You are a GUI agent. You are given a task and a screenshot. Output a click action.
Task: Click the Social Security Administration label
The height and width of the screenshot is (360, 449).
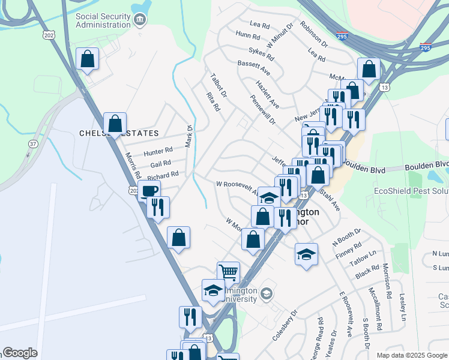[x=103, y=20]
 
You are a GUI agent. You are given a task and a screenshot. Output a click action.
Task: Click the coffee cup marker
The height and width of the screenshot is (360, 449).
[x=149, y=191]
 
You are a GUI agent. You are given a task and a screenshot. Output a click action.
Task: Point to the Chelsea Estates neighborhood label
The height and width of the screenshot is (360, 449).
[x=119, y=133]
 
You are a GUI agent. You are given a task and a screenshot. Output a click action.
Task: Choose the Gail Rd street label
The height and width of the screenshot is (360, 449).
[x=160, y=163]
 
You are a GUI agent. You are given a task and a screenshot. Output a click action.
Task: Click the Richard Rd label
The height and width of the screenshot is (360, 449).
[x=163, y=175]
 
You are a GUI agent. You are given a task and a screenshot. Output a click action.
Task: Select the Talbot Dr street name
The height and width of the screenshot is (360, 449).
[x=218, y=86]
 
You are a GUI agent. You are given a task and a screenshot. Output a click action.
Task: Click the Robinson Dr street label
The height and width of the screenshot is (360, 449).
[x=315, y=35]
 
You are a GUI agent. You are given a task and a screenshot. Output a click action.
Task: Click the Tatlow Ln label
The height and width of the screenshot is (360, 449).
[x=363, y=258]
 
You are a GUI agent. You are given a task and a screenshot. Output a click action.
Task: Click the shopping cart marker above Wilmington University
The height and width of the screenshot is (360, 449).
[x=228, y=272]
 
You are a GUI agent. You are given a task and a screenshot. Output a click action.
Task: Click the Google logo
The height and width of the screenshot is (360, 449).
[x=20, y=353]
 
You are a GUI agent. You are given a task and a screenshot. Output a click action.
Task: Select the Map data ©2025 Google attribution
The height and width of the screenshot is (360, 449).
[x=411, y=355]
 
